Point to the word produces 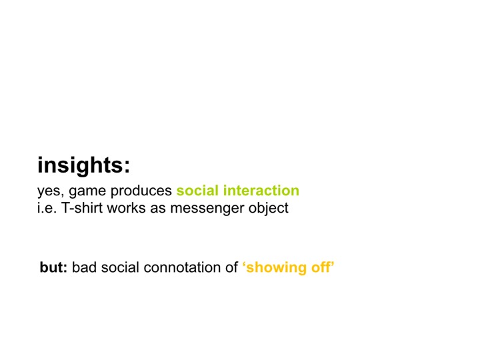pos(141,191)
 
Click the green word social pos(197,190)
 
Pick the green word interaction pos(261,190)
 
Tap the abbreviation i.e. pos(47,208)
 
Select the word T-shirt pos(82,208)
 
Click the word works pos(126,208)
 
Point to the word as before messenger pos(157,209)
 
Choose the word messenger pos(207,209)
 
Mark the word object pos(268,209)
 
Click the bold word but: pos(53,267)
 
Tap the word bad pos(84,267)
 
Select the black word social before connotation pos(120,267)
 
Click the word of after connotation pos(232,267)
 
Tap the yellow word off pos(321,267)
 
